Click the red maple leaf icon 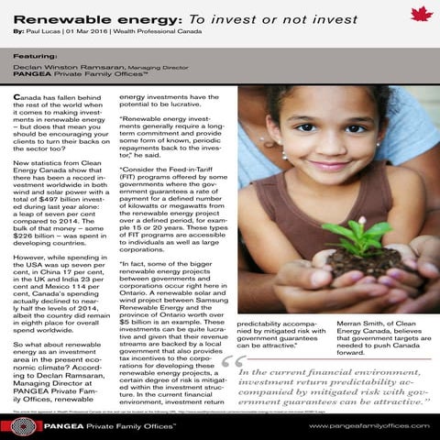coord(421,14)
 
